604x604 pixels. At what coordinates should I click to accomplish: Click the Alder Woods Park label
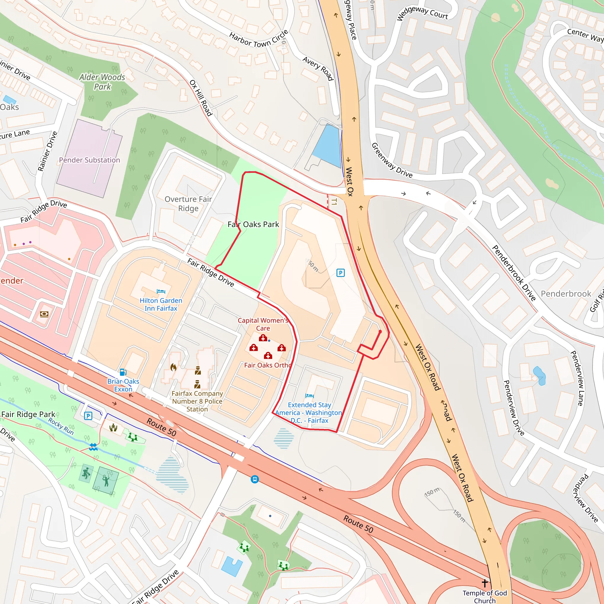click(x=102, y=82)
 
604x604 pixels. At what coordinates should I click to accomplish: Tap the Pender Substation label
click(x=89, y=160)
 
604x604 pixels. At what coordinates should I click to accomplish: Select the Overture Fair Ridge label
click(x=188, y=204)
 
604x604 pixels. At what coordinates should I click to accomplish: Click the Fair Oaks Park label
click(x=253, y=224)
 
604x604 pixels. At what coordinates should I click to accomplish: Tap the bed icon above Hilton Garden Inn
click(x=161, y=291)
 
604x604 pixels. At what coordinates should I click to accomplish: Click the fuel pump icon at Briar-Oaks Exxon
click(x=123, y=372)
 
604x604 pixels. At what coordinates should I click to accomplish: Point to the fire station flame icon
click(x=173, y=367)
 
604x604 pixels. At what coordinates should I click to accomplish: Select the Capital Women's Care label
click(x=263, y=324)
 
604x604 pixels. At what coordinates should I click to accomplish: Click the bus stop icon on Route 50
click(x=255, y=479)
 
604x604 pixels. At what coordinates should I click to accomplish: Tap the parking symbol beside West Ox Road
click(x=340, y=273)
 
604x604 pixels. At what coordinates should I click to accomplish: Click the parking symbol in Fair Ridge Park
click(x=88, y=416)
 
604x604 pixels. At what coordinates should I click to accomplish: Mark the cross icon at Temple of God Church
click(x=485, y=583)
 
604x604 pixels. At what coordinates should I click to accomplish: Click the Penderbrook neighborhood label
click(x=566, y=294)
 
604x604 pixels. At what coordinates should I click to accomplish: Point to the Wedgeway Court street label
click(x=422, y=13)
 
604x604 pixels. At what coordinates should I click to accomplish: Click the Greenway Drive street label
click(x=392, y=160)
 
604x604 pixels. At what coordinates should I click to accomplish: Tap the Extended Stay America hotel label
click(x=309, y=413)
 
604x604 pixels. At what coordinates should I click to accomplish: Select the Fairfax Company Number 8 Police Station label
click(x=197, y=401)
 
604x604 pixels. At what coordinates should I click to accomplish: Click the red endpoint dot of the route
click(x=380, y=331)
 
